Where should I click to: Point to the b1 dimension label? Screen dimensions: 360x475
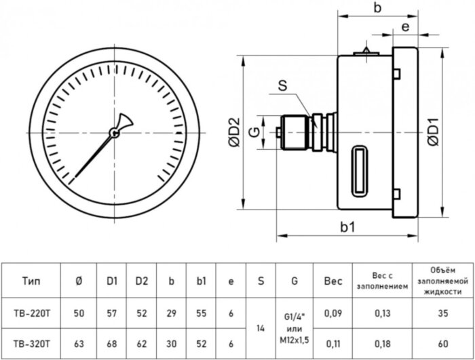tap(348, 227)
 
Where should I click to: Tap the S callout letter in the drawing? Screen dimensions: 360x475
tap(282, 87)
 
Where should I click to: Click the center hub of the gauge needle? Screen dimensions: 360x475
tap(115, 134)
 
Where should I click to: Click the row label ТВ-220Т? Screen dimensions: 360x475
tap(35, 313)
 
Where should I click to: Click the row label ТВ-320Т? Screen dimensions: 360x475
tap(35, 344)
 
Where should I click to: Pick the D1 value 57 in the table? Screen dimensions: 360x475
tap(112, 313)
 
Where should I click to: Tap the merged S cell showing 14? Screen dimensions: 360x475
tap(261, 328)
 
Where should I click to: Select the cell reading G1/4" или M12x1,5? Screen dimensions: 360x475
tap(294, 328)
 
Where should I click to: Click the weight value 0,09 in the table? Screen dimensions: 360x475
tap(333, 313)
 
